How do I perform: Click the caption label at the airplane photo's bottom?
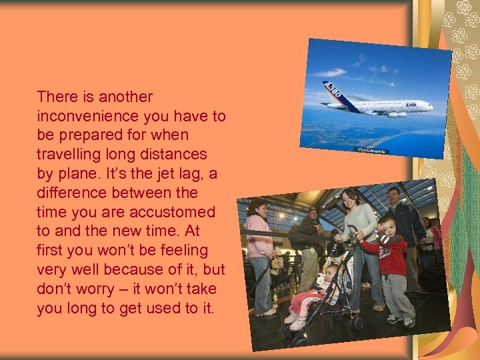(x=371, y=150)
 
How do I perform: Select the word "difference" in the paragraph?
(x=71, y=193)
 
